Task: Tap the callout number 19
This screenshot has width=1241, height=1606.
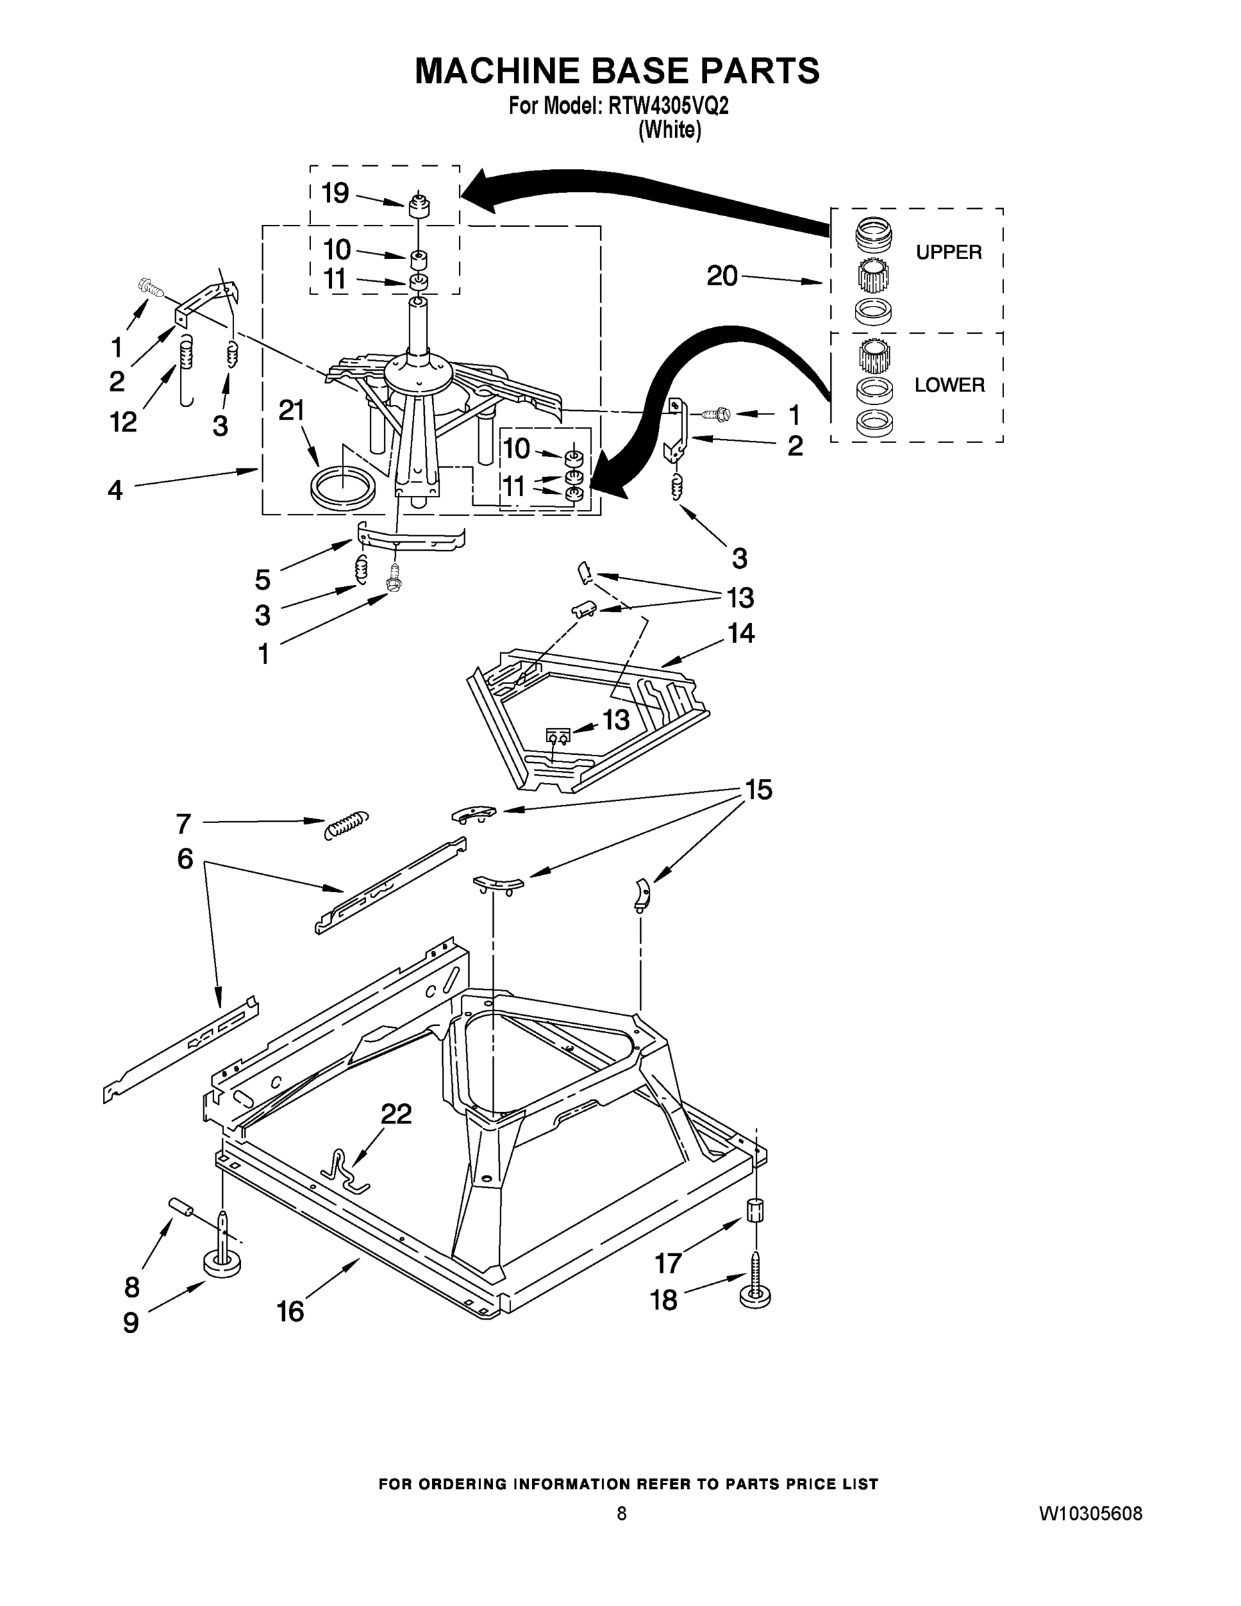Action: [335, 193]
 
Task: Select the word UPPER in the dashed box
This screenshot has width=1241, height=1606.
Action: [949, 252]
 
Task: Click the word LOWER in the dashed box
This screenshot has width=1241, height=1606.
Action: [949, 385]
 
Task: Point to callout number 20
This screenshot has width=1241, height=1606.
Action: [721, 276]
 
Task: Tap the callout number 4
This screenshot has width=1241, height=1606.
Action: [116, 490]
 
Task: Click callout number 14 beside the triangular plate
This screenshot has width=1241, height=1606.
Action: [741, 633]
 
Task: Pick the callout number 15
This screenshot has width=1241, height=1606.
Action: [759, 790]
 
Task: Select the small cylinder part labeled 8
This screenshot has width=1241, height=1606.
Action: [181, 1207]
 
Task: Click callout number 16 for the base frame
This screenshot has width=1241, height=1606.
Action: [290, 1311]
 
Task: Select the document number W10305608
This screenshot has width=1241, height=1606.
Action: [1090, 1514]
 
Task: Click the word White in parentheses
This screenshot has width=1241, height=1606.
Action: [669, 130]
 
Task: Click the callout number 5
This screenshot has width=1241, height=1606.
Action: [262, 579]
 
